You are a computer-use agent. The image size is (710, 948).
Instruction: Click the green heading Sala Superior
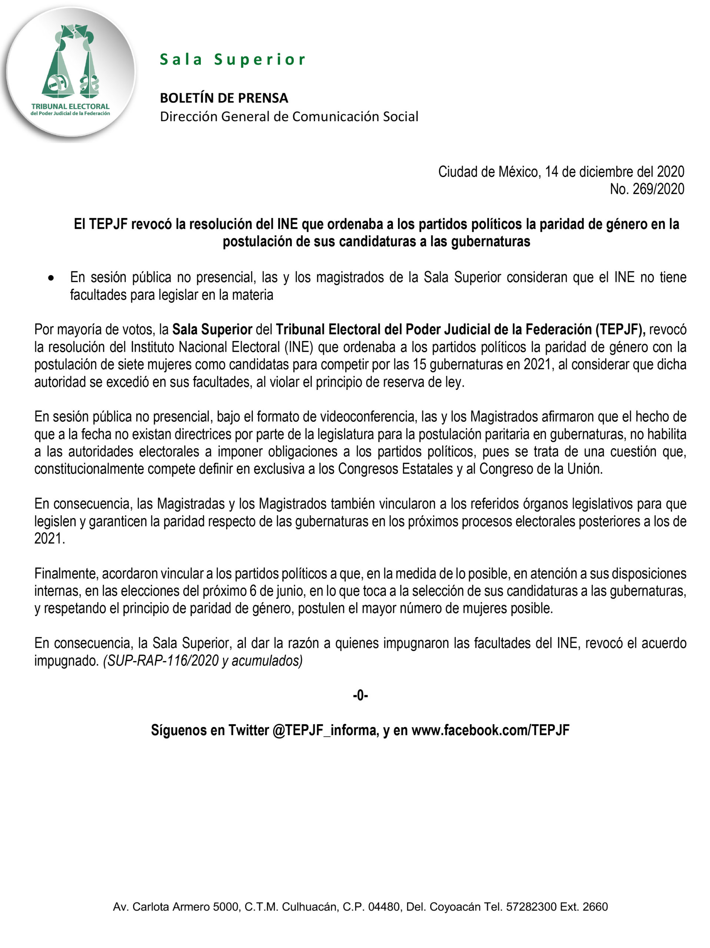point(232,60)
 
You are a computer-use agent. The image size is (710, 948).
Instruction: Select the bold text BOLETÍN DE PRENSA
point(224,98)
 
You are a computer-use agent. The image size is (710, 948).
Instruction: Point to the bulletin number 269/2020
point(658,189)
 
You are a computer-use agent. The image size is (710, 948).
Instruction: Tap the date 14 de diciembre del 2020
point(614,172)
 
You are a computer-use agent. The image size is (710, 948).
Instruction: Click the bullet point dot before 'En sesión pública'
point(52,278)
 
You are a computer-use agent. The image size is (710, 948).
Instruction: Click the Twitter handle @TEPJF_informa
point(325,730)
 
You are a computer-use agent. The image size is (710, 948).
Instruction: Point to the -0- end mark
point(360,695)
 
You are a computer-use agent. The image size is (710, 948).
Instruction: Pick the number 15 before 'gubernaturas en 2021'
point(420,364)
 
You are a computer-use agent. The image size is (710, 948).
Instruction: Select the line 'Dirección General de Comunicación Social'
point(289,117)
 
